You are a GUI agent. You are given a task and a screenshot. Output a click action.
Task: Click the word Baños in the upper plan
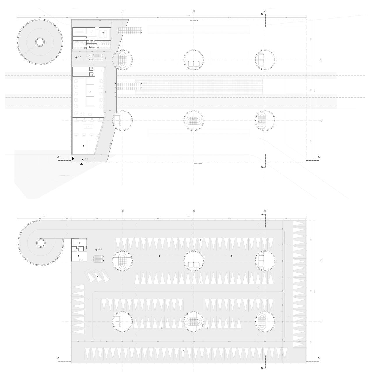[91, 47]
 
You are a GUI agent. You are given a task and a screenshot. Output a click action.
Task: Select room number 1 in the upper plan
[91, 33]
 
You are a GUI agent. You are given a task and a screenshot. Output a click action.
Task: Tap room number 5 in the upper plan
[84, 146]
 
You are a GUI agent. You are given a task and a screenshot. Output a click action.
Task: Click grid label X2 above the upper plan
[194, 11]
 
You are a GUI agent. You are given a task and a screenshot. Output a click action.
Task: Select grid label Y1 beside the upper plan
[321, 60]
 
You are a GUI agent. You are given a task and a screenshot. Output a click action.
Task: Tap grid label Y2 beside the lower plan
[321, 322]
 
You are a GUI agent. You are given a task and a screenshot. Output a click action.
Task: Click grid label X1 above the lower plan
[122, 211]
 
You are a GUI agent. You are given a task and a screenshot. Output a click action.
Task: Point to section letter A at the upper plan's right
[319, 157]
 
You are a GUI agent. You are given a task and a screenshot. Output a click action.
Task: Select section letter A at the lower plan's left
[58, 358]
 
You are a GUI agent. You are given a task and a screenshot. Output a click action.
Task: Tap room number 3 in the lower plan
[79, 243]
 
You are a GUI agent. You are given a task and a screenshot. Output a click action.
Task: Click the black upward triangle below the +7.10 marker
[81, 164]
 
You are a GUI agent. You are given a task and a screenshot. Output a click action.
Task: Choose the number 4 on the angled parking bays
[97, 275]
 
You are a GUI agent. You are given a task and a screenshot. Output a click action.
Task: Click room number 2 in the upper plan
[103, 33]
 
